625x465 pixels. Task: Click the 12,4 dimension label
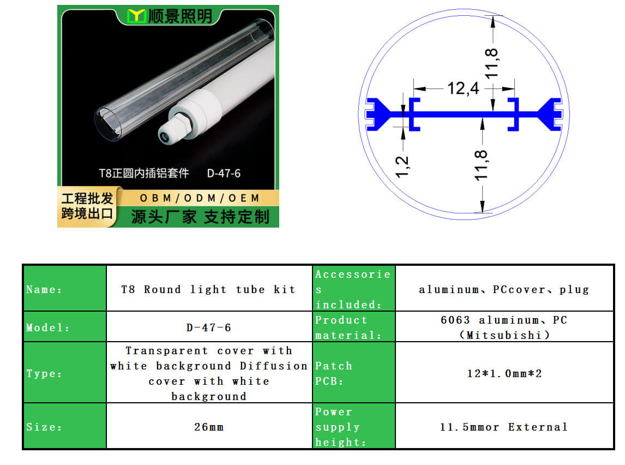463,88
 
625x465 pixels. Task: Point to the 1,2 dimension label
402,166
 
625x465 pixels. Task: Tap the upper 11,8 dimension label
491,63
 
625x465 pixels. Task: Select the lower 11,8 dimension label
481,165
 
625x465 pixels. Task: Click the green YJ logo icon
136,16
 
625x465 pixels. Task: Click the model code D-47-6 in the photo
224,174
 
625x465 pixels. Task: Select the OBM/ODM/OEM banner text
199,198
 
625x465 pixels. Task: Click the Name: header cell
65,288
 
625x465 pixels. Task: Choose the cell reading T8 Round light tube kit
209,288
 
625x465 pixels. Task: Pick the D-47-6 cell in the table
209,326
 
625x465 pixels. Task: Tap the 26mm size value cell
209,426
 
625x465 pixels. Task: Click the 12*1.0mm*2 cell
504,372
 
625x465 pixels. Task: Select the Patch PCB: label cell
353,372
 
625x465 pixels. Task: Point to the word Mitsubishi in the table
504,335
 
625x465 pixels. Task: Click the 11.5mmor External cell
504,426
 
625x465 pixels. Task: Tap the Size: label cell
65,426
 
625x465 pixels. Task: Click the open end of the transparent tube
109,124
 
